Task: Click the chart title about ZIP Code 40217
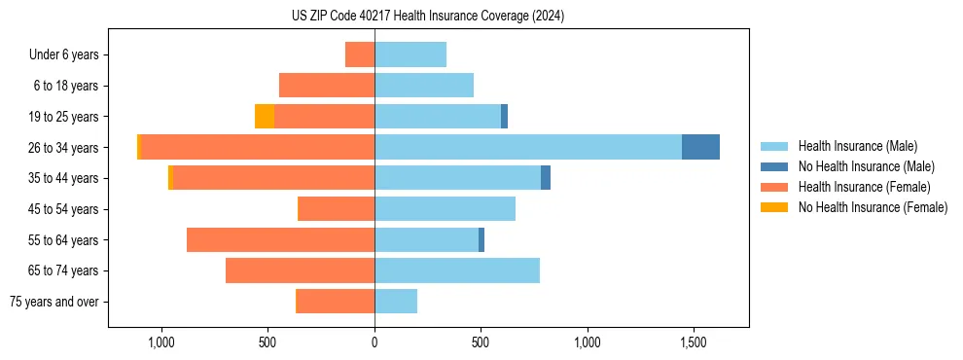tap(427, 17)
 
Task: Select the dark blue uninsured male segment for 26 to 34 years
tap(700, 147)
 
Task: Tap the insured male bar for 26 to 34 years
tap(528, 147)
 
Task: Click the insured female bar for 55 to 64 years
tap(280, 240)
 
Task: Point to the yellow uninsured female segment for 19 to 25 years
tap(265, 117)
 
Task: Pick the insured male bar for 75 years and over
tap(396, 302)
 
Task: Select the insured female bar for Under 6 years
tap(360, 54)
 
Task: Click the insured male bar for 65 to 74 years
tap(457, 270)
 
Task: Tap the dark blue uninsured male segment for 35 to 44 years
tap(546, 178)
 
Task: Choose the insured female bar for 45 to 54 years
tap(336, 209)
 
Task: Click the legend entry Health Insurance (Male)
tap(857, 146)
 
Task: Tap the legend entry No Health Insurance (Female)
tap(873, 207)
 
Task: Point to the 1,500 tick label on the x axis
tap(694, 343)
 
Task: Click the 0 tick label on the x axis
tap(374, 343)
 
